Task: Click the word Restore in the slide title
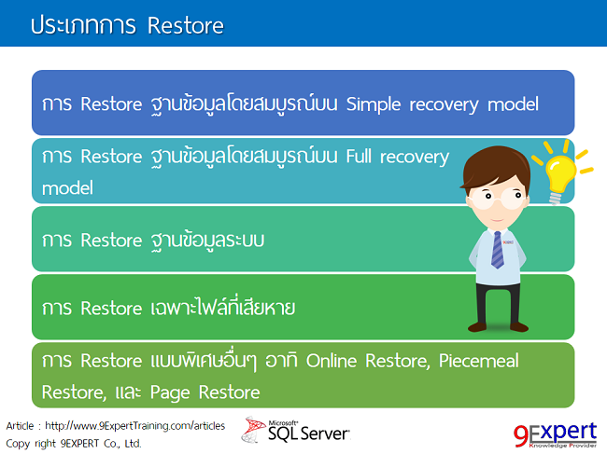coord(185,25)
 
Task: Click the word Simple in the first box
coord(374,103)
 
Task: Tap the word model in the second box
coord(67,187)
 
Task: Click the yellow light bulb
coord(560,173)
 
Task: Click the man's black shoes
coord(497,325)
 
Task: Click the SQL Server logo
coord(297,430)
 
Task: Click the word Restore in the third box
coord(110,240)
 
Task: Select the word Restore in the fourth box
coord(110,307)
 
